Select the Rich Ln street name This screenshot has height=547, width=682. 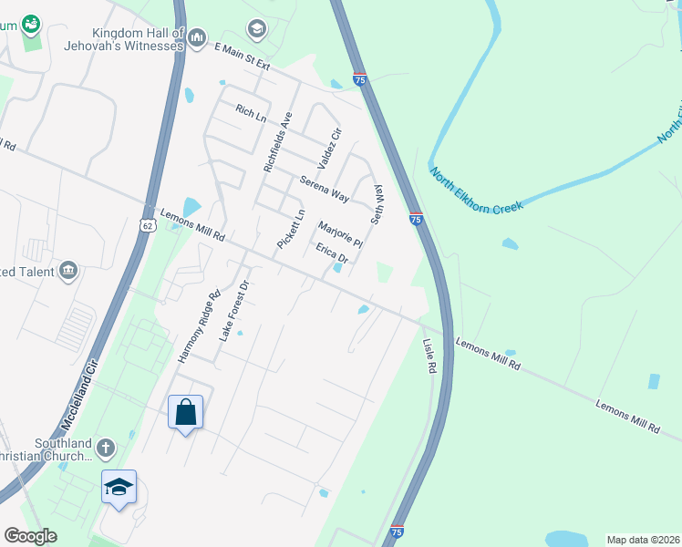pos(250,113)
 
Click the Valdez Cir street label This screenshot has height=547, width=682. pos(328,148)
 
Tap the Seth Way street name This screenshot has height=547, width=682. pos(377,206)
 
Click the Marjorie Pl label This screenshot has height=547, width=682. pos(340,233)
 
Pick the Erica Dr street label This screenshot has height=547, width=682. pos(332,253)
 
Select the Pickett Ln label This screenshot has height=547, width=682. pos(290,231)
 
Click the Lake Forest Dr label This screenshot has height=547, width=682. pos(227,311)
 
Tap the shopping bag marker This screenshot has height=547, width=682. pos(186,412)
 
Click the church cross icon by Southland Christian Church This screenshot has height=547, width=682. pos(106,448)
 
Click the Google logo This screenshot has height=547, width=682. pos(31,536)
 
